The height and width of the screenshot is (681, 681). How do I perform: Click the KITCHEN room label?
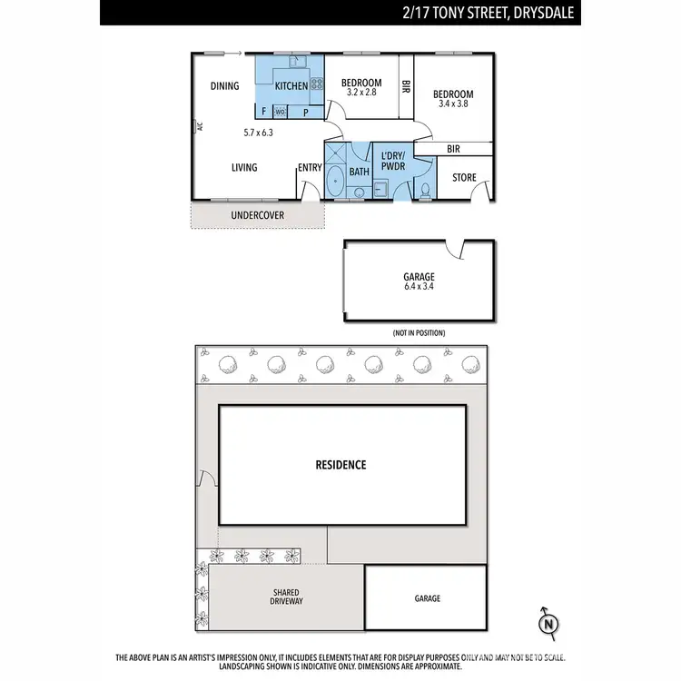point(291,86)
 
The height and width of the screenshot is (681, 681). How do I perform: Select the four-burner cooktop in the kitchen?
point(317,85)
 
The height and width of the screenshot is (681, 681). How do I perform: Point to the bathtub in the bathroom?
point(335,181)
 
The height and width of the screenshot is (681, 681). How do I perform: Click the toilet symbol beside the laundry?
point(425,190)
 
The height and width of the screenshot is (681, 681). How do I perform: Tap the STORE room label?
point(464,178)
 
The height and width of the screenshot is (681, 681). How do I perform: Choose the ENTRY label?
point(310,167)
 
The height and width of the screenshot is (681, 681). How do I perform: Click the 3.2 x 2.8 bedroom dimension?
point(360,93)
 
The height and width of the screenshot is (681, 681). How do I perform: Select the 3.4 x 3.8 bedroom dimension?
point(452,104)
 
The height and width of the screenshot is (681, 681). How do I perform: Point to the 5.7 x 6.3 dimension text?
point(258,133)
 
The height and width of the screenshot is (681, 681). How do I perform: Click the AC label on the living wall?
point(197,128)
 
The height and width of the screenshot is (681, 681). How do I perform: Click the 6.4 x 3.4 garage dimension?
point(419,287)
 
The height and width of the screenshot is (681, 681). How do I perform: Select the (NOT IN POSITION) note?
point(419,333)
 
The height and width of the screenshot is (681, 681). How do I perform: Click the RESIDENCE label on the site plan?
point(340,465)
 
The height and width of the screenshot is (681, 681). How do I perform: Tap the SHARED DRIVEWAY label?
point(286,597)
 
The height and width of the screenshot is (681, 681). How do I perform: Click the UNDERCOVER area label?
point(257,215)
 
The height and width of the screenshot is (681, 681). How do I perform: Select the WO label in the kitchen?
point(281,112)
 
